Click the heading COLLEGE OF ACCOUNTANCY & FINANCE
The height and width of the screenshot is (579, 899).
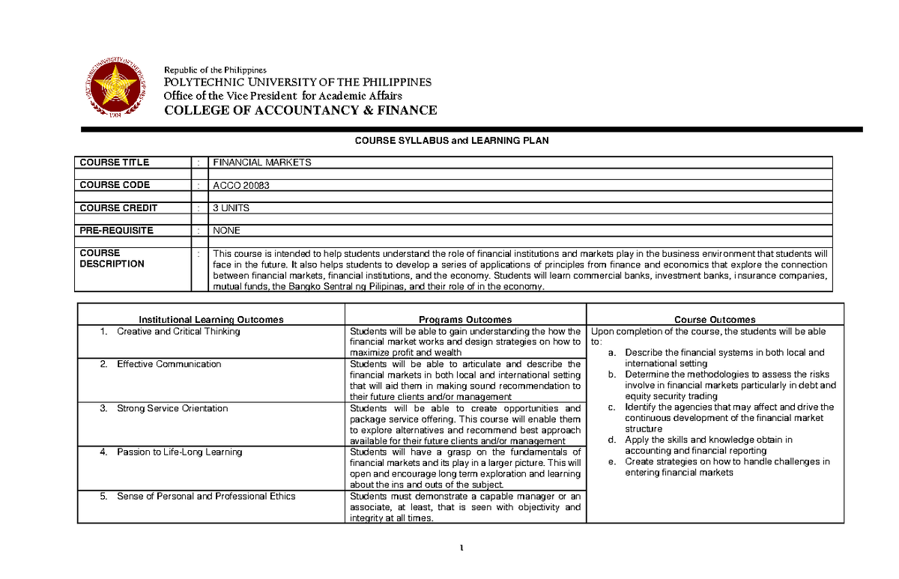click(x=300, y=110)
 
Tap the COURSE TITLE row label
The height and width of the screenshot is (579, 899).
click(x=115, y=163)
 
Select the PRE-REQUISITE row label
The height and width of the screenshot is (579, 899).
click(x=117, y=231)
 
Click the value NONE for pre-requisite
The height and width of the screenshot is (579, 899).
click(x=227, y=231)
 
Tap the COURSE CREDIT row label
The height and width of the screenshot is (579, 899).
click(x=118, y=207)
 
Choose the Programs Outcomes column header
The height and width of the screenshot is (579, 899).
click(x=465, y=319)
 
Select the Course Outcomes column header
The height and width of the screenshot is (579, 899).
click(x=715, y=319)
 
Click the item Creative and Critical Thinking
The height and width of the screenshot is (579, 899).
click(x=178, y=331)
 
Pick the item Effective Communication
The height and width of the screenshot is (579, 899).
click(x=169, y=364)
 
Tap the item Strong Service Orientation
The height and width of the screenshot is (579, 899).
click(x=172, y=408)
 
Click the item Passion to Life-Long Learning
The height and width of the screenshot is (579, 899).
click(x=179, y=452)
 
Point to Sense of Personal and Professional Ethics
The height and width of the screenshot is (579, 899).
click(x=206, y=496)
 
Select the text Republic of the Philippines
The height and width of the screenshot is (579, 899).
click(x=210, y=70)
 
